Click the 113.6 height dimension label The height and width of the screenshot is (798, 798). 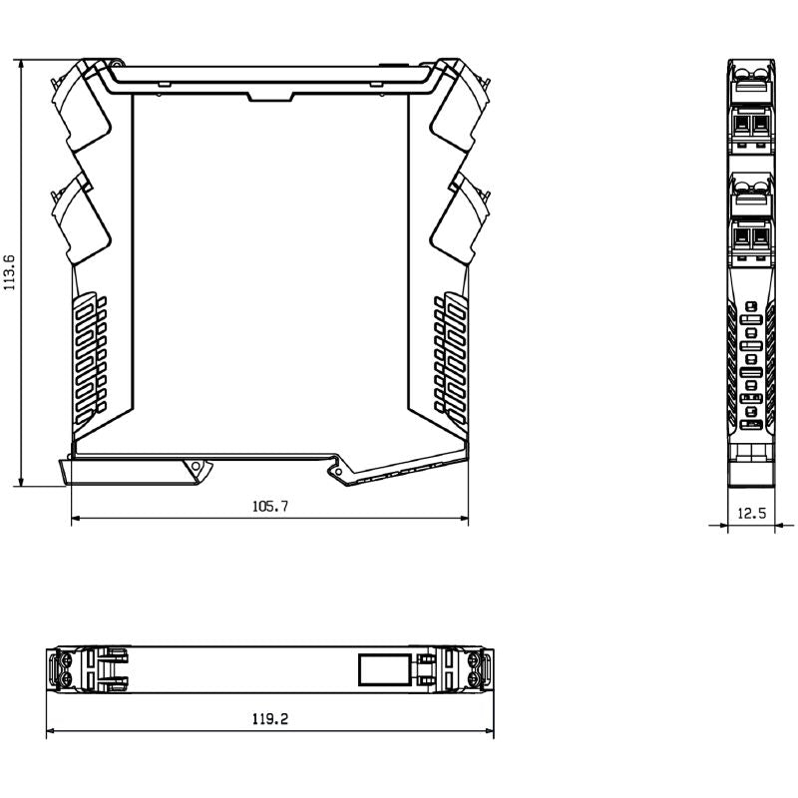(10, 271)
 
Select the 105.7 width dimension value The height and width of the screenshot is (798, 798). (269, 507)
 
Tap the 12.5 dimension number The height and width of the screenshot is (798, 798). (751, 514)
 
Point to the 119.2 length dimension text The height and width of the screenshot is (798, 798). (270, 719)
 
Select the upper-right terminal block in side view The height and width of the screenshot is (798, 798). (458, 105)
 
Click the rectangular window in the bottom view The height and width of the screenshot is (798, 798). (384, 667)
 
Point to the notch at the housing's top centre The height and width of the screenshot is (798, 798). (269, 96)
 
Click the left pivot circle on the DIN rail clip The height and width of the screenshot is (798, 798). (198, 467)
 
